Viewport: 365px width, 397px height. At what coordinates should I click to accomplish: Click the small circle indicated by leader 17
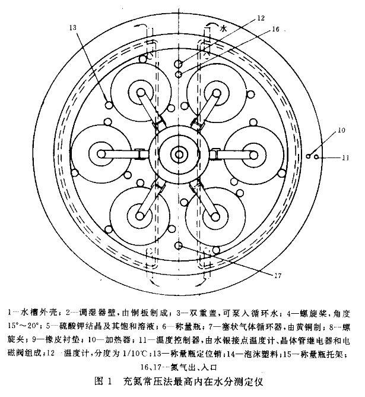point(178,246)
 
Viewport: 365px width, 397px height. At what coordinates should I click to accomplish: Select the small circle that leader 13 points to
point(109,106)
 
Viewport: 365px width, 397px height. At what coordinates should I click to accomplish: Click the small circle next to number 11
point(317,157)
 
